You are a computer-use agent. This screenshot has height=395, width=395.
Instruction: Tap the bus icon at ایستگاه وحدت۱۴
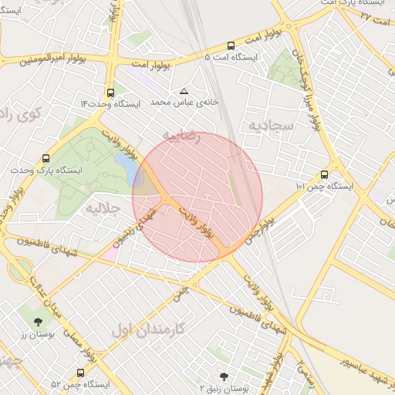(x=111, y=91)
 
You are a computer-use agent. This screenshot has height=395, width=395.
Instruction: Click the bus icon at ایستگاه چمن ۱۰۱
(x=323, y=175)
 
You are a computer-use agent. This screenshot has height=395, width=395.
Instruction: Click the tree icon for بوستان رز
(x=38, y=321)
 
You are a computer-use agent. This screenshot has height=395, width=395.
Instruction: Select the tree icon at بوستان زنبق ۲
(x=224, y=376)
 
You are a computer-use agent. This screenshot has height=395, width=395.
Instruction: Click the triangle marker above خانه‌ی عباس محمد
(x=184, y=91)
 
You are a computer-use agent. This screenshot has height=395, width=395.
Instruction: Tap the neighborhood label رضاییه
(x=181, y=137)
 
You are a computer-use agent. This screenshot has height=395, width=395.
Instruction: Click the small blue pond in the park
(x=126, y=164)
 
